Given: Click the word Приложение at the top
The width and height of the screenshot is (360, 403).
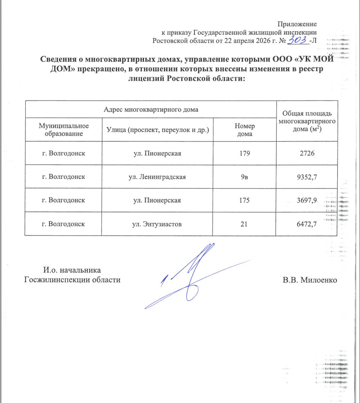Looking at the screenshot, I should pyautogui.click(x=297, y=24).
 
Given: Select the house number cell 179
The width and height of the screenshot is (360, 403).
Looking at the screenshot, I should pyautogui.click(x=244, y=153).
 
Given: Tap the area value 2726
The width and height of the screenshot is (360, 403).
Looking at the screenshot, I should pyautogui.click(x=305, y=153).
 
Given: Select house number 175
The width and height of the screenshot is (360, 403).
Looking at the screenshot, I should pyautogui.click(x=244, y=200).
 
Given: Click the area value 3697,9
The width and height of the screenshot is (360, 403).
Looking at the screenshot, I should pyautogui.click(x=305, y=200).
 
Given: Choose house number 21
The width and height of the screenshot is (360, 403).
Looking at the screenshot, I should pyautogui.click(x=244, y=224).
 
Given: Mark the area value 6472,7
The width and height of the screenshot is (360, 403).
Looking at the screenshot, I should pyautogui.click(x=305, y=224).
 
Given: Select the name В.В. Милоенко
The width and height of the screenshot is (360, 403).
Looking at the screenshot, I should pyautogui.click(x=310, y=280).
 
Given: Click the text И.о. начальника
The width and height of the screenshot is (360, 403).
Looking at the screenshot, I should pyautogui.click(x=72, y=270).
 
